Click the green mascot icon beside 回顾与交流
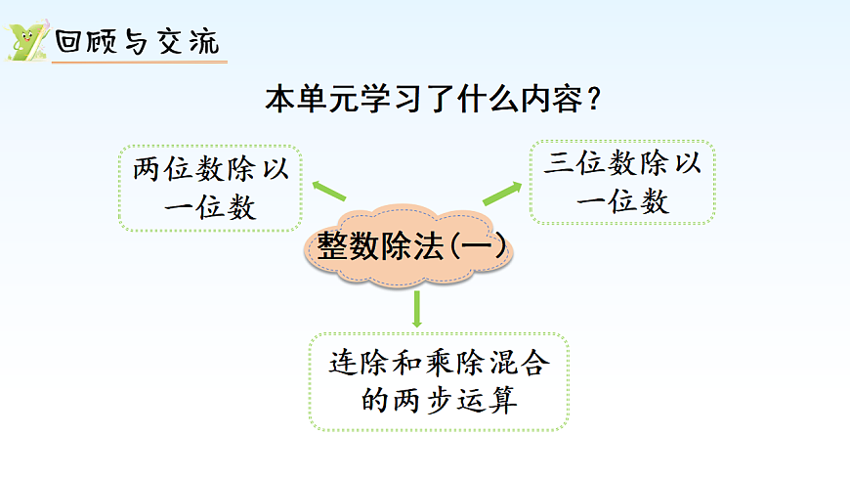[x=25, y=41]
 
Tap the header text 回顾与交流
[x=137, y=43]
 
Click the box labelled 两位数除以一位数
[x=210, y=189]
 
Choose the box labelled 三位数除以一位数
[x=622, y=182]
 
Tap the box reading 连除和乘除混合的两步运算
[x=439, y=382]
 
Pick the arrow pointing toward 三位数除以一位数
[x=503, y=191]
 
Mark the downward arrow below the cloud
[x=417, y=309]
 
